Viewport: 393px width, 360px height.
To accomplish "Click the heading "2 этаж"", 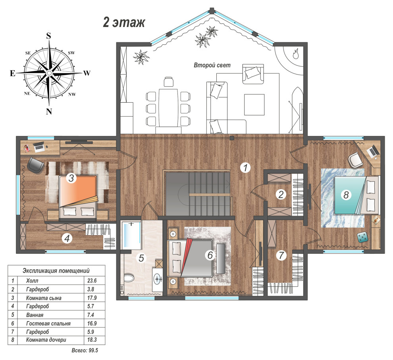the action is tap(124, 22).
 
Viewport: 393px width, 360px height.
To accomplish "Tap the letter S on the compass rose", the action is tap(48, 36).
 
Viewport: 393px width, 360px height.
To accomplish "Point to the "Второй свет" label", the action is tap(212, 65).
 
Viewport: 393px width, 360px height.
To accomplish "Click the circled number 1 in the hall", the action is tap(245, 167).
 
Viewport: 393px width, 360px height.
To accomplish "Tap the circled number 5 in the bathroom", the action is tap(141, 258).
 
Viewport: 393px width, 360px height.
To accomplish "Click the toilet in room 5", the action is tap(129, 278).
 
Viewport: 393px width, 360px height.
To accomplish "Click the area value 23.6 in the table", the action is tap(92, 281).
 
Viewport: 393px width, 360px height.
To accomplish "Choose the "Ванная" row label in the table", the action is tap(35, 315).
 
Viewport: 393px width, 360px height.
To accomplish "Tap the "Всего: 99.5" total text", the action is tap(85, 350).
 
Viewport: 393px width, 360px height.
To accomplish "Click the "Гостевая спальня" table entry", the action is tap(48, 324).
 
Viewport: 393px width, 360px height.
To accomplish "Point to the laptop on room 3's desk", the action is tap(39, 147).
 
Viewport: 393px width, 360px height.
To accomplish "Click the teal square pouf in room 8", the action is tap(362, 237).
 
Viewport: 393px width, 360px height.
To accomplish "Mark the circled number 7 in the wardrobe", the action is tap(281, 255).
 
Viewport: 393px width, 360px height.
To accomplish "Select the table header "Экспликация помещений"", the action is tap(56, 271).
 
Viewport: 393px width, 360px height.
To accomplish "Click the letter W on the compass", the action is tap(87, 73).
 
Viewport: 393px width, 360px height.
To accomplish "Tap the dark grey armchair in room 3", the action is tap(35, 165).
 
